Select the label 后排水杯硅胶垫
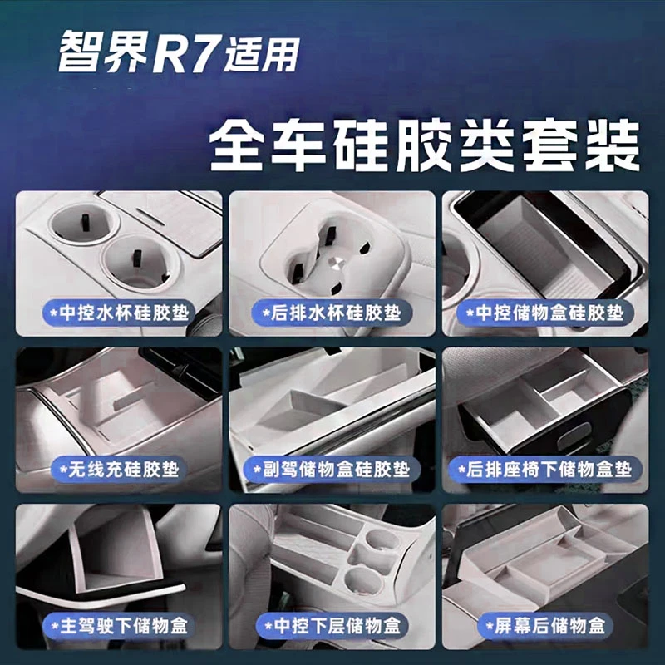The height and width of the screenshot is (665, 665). [x=332, y=313]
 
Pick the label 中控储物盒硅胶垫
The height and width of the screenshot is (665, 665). [x=544, y=313]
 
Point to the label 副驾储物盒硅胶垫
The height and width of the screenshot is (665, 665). [x=332, y=470]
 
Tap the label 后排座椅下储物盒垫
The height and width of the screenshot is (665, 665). [x=544, y=470]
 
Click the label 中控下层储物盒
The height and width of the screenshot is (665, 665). [x=332, y=624]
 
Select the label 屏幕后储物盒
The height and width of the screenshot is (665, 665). [x=544, y=624]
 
